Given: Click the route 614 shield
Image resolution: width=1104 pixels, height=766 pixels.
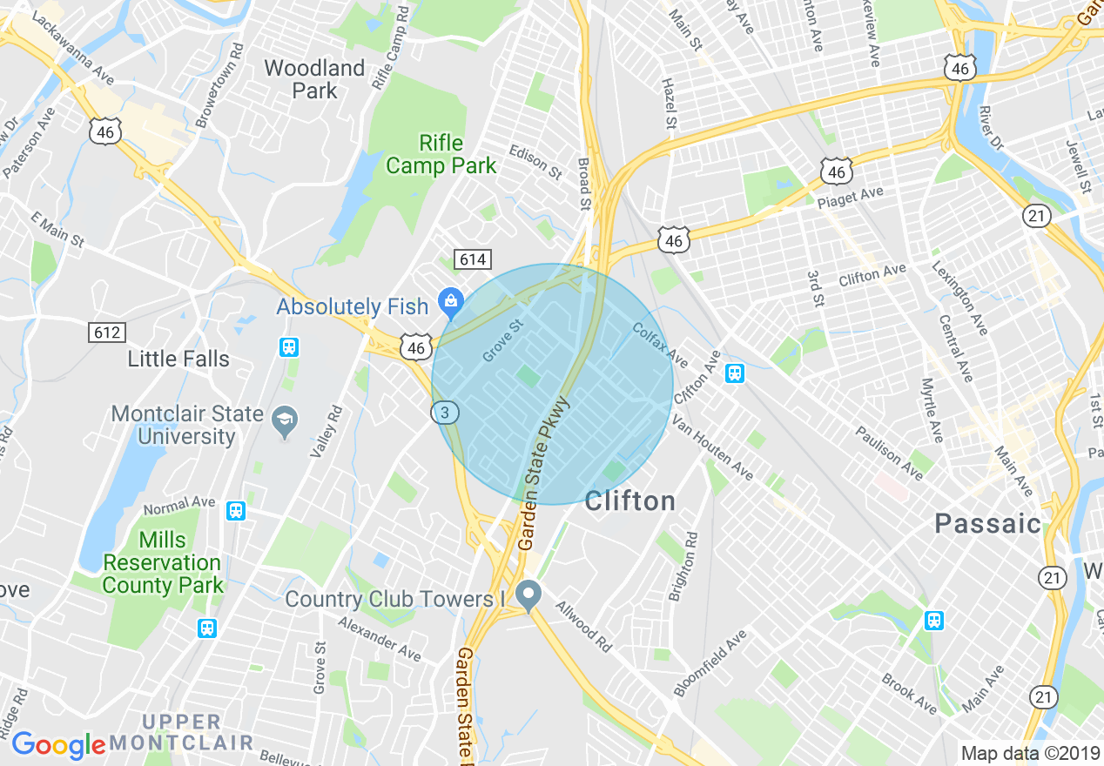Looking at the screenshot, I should click(x=472, y=259).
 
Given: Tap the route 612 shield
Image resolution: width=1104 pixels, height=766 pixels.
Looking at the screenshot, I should click(x=106, y=332).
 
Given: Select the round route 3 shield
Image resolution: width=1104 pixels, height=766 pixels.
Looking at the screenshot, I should click(x=445, y=413).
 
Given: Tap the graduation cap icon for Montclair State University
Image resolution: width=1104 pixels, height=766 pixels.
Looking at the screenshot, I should click(x=284, y=424).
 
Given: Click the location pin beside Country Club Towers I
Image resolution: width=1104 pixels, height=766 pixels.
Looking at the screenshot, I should click(x=527, y=596).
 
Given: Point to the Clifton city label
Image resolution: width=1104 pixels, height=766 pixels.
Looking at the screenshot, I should click(x=629, y=501).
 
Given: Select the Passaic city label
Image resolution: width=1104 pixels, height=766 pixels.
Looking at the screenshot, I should click(x=987, y=523).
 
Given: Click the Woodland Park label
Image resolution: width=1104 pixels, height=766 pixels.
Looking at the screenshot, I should click(x=314, y=79).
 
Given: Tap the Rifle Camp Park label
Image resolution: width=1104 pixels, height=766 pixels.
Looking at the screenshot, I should click(x=441, y=154).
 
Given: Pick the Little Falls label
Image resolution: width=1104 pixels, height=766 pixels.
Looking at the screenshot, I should click(x=178, y=359).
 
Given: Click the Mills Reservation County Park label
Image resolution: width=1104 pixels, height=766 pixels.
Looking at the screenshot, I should click(x=162, y=562).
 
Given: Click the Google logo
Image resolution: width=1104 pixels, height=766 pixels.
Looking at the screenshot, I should click(x=58, y=745).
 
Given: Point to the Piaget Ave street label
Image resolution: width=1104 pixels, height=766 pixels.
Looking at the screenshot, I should click(x=850, y=198).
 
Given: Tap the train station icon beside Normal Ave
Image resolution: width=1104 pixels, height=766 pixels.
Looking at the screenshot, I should click(x=235, y=511).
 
